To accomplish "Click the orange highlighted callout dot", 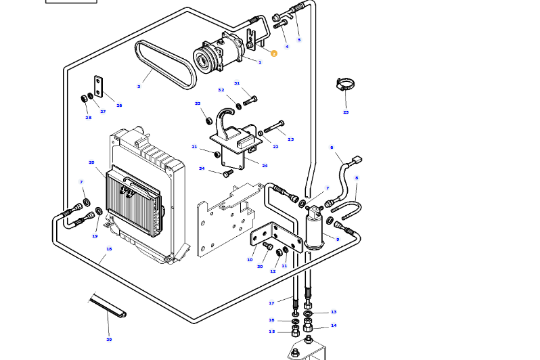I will coord(274,53).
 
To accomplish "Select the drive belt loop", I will coord(166,64).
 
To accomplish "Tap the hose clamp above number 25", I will coord(346,85).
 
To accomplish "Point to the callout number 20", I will coord(91,162).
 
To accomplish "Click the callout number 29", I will coord(109,339).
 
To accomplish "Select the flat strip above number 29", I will coord(108,305).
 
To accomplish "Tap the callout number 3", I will coord(139,87).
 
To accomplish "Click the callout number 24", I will coord(265,166).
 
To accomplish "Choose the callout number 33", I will coord(198,104).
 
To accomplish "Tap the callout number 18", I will coord(109,249).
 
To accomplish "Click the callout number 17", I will coord(271,302).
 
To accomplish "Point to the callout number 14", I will coord(334,325).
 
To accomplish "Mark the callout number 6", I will coord(332,147).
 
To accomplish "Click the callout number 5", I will coord(299,40).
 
